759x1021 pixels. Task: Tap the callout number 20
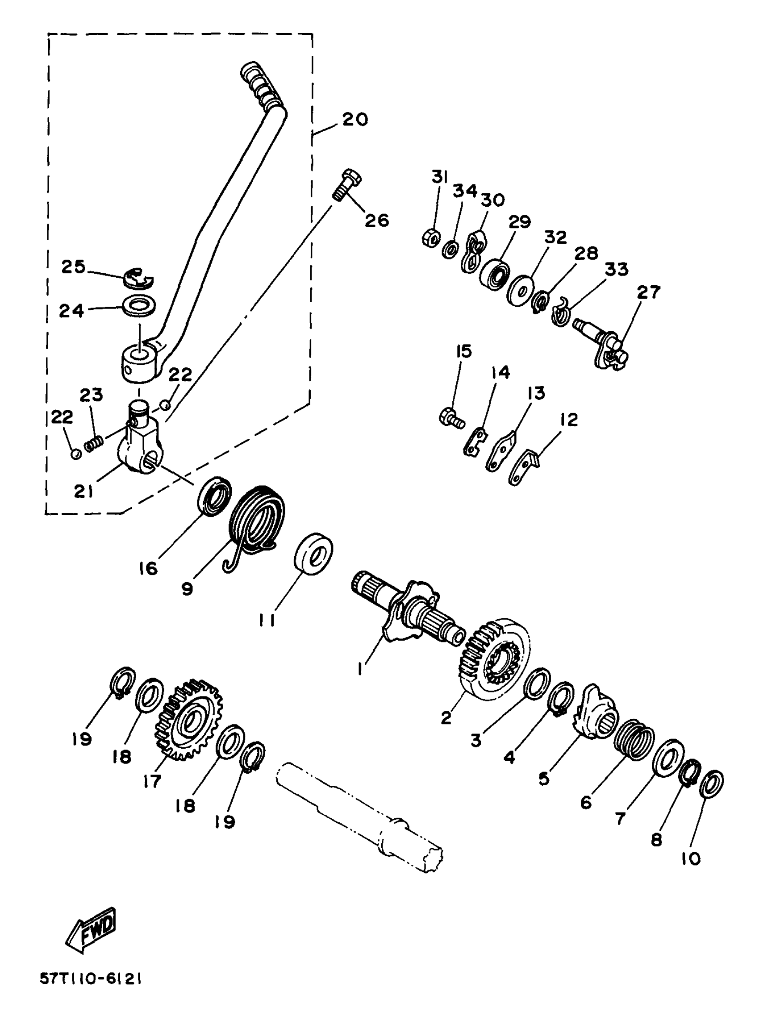point(354,119)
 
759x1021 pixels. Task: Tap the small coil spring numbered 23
point(94,444)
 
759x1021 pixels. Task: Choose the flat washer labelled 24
point(138,306)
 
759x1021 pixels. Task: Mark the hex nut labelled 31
point(430,238)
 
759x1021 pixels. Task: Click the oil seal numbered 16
point(215,496)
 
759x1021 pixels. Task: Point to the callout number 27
point(648,292)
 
